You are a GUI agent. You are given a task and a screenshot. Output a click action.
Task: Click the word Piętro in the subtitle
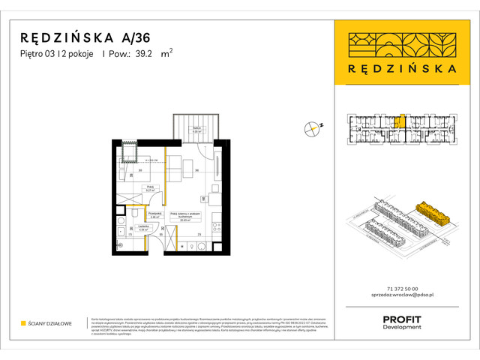click(x=33, y=53)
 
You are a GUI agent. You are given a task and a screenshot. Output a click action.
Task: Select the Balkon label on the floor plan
click(x=196, y=130)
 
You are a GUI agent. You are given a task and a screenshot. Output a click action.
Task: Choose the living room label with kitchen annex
click(x=184, y=215)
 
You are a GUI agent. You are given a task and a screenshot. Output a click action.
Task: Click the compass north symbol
click(x=313, y=128)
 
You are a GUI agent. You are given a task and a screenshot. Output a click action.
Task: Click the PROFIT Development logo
click(x=402, y=322)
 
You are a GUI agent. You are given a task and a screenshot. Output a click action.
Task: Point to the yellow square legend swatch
click(x=23, y=323)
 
